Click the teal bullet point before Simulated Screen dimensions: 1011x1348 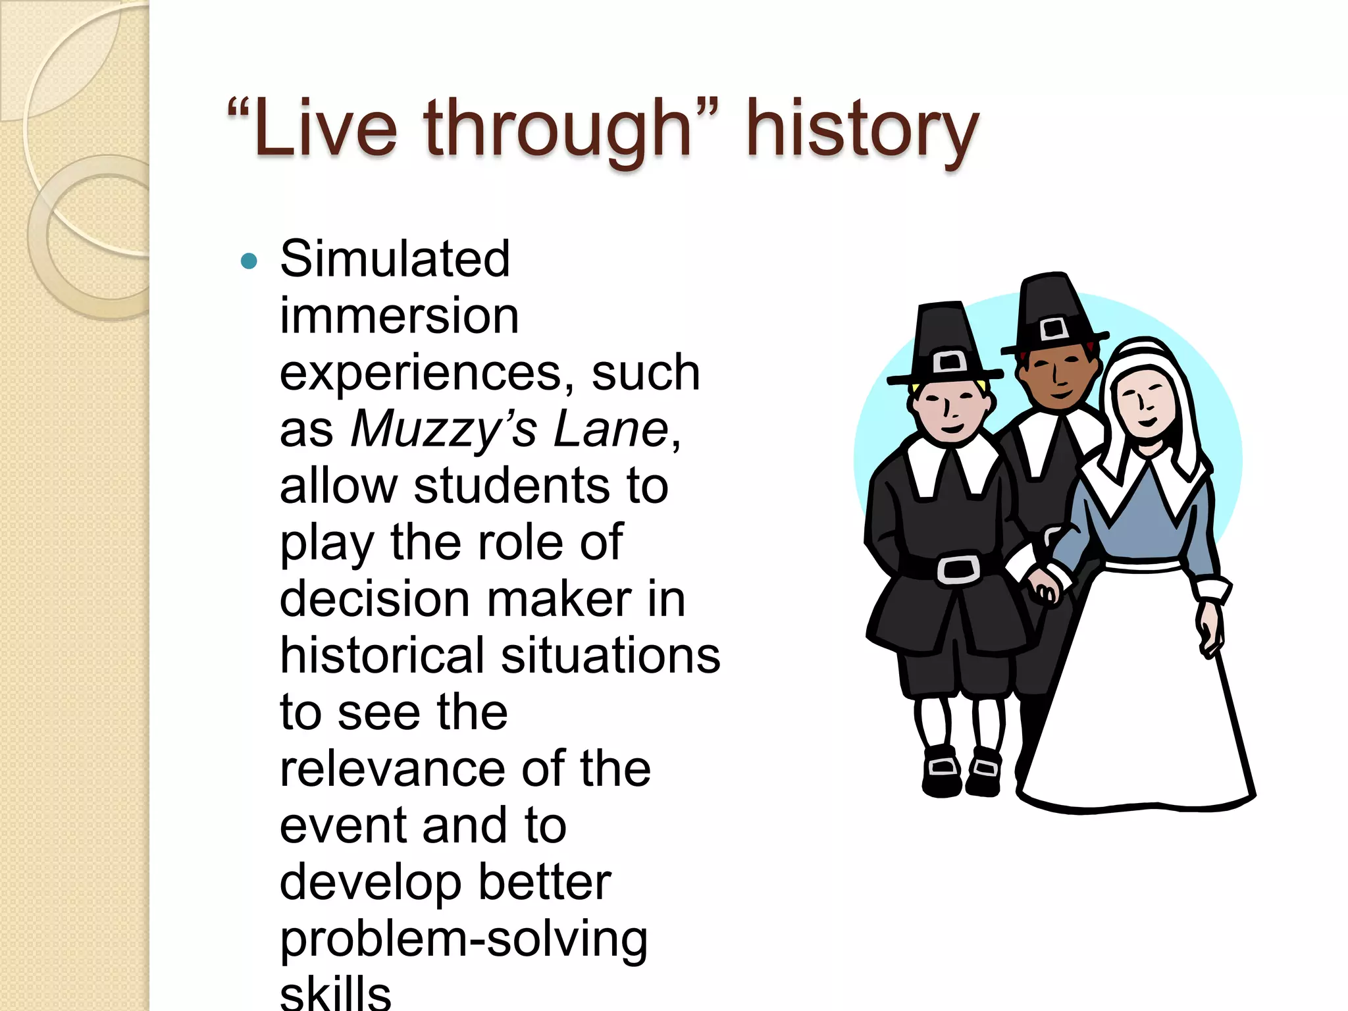[x=249, y=262]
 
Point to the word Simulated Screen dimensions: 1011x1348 [x=395, y=259]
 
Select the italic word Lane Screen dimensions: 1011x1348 [x=610, y=429]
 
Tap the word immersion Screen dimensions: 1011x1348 [x=400, y=316]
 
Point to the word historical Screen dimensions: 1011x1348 [x=382, y=656]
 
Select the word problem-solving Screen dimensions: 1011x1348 [x=463, y=940]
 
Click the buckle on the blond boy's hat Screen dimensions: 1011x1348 [x=949, y=361]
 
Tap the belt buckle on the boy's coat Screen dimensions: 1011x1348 [x=958, y=569]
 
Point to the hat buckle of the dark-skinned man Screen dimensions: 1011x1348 [x=1053, y=328]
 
